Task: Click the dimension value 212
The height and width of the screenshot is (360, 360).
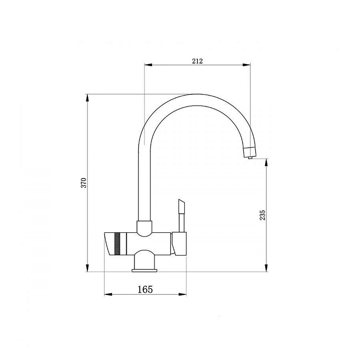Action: [x=197, y=61]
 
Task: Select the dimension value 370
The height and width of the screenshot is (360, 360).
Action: [x=84, y=183]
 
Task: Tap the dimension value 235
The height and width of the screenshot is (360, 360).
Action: [x=262, y=215]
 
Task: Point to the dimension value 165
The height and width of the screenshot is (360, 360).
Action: [x=145, y=289]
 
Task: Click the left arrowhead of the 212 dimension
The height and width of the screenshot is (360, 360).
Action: [x=148, y=65]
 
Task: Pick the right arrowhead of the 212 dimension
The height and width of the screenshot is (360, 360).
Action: [x=246, y=65]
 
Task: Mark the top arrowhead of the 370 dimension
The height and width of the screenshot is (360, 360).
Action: [x=87, y=98]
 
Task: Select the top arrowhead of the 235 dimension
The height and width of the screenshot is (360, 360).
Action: [x=266, y=163]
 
